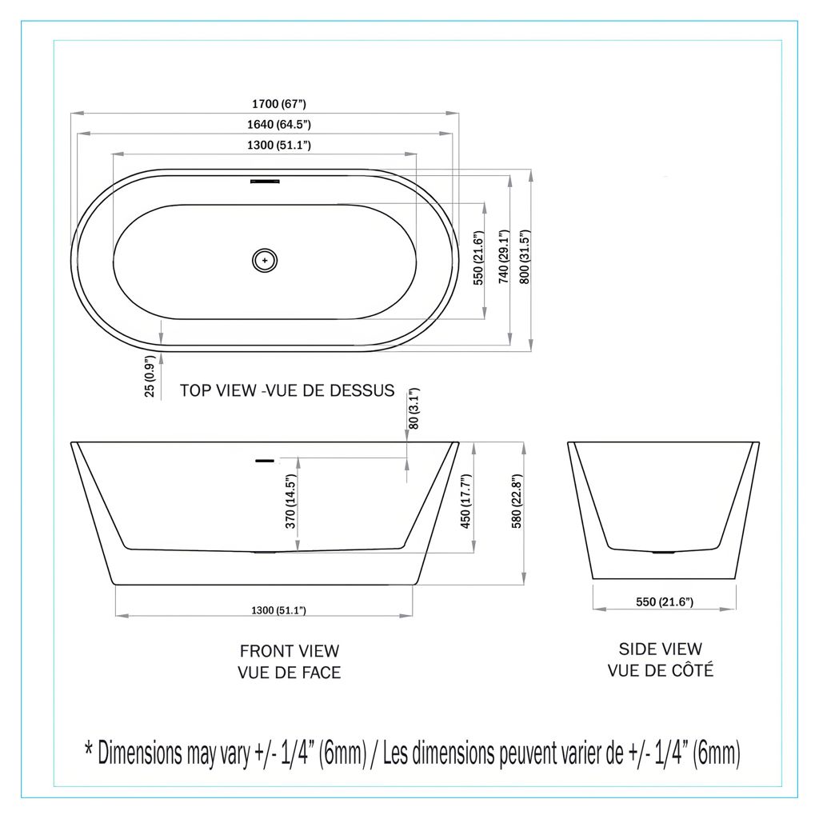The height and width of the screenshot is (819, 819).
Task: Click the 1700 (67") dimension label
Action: tap(279, 104)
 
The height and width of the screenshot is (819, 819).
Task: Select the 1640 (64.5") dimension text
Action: tap(279, 124)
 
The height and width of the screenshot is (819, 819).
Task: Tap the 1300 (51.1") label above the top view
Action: tap(279, 145)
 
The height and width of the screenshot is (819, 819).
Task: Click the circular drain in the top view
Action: tap(265, 260)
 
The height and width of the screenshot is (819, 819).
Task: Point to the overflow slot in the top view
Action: tap(265, 182)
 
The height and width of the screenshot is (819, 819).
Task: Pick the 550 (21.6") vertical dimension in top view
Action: tap(478, 258)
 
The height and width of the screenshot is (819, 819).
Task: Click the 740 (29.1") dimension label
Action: tap(504, 257)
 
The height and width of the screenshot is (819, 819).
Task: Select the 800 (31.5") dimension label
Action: tap(525, 257)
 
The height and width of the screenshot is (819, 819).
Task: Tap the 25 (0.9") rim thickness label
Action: tap(150, 376)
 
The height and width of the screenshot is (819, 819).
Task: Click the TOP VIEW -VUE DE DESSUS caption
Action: tap(287, 390)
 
